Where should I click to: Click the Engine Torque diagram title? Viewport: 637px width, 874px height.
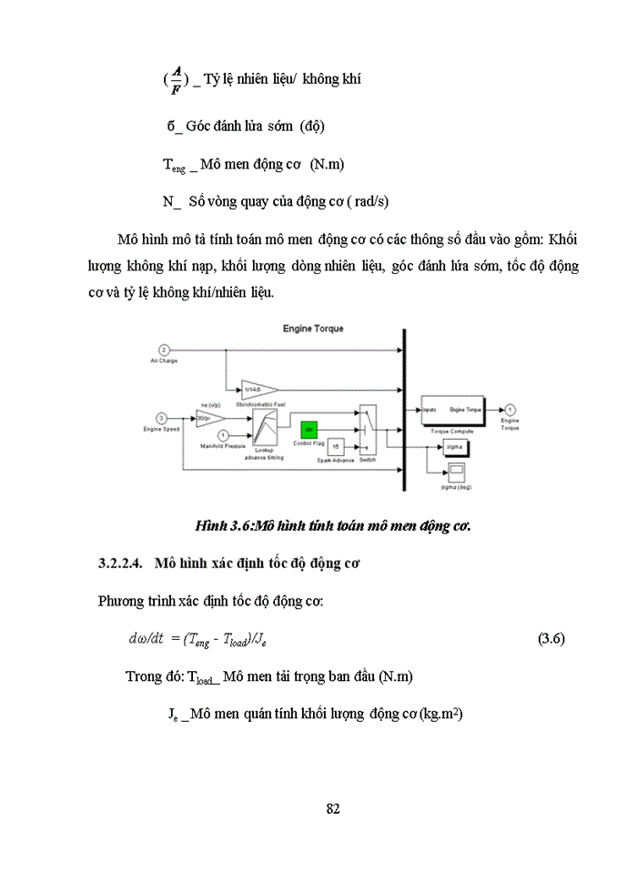pyautogui.click(x=313, y=328)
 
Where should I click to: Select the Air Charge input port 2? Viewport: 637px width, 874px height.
pyautogui.click(x=164, y=350)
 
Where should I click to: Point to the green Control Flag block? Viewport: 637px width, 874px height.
pyautogui.click(x=309, y=427)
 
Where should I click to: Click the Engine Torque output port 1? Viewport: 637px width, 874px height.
pyautogui.click(x=511, y=410)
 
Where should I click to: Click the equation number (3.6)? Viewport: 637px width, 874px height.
pyautogui.click(x=552, y=638)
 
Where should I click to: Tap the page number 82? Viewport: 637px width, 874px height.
pyautogui.click(x=332, y=808)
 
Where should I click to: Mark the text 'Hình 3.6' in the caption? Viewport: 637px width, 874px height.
pyautogui.click(x=222, y=525)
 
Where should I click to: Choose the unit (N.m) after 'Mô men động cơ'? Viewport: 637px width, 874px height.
pyautogui.click(x=328, y=165)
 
